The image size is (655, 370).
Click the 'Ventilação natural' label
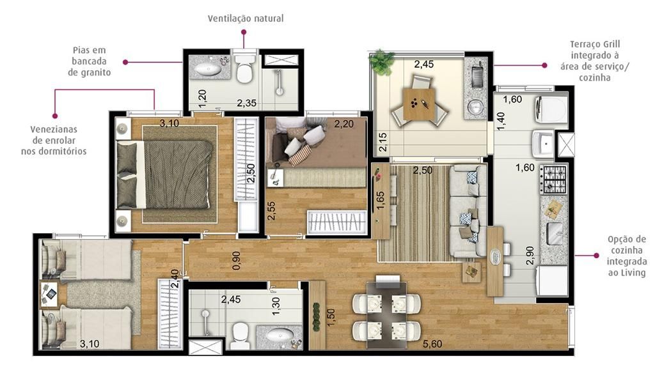pos(245,19)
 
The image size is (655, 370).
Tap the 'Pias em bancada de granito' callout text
pos(90,61)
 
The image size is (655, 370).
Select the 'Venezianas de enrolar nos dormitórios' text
pos(58,140)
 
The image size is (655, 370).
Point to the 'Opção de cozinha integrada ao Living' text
pos(627,256)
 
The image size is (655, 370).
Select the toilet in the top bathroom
pos(244,70)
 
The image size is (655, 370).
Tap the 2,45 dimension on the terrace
pos(424,64)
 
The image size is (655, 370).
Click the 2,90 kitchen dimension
pos(530,255)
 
